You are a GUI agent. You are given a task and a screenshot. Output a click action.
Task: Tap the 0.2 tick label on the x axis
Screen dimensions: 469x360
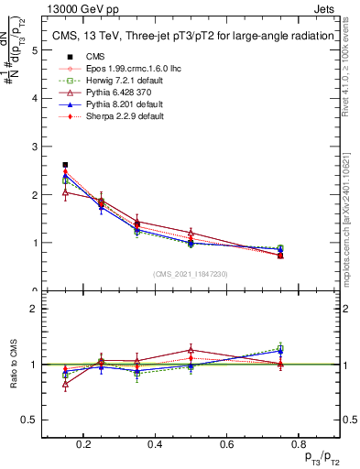coord(83,444)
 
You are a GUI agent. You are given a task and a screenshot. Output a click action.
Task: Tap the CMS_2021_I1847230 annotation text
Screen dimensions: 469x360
coord(190,274)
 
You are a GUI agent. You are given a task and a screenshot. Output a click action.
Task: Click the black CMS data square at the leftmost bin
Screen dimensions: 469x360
coord(65,165)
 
